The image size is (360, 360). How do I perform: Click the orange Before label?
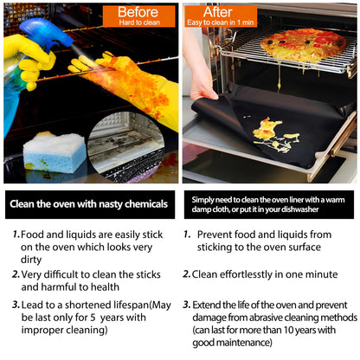pyautogui.click(x=138, y=15)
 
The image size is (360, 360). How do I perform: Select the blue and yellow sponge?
pyautogui.click(x=54, y=152)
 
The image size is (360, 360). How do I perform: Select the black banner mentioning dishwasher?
pyautogui.click(x=269, y=204)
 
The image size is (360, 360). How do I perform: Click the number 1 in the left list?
pyautogui.click(x=16, y=235)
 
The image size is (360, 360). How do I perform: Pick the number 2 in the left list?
pyautogui.click(x=16, y=273)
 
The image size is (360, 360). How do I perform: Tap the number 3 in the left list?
pyautogui.click(x=16, y=305)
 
